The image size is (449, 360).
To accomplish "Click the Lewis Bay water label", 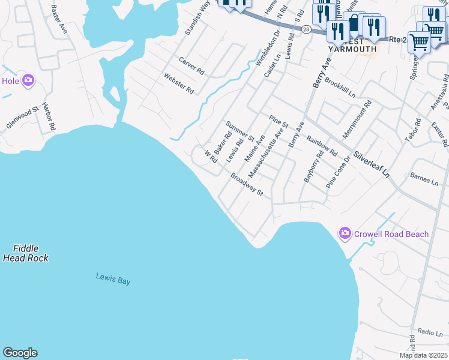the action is tap(113, 278).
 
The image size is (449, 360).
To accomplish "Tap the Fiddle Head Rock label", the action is tap(25, 253).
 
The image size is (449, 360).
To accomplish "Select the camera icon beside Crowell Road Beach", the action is tap(345, 233).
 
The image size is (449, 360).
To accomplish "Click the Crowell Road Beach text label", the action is tap(391, 234).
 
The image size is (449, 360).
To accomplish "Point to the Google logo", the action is tap(20, 353).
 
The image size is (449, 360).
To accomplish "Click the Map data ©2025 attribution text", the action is tap(423, 355).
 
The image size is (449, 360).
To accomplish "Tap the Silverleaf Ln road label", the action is tap(372, 164).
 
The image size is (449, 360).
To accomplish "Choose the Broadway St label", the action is tap(247, 184).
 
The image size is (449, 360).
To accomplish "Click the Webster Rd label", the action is tap(179, 83).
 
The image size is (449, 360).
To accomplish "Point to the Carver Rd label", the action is tap(191, 65).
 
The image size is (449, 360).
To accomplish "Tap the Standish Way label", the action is tap(197, 18).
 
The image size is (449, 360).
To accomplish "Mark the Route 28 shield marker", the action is tap(306, 29).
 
